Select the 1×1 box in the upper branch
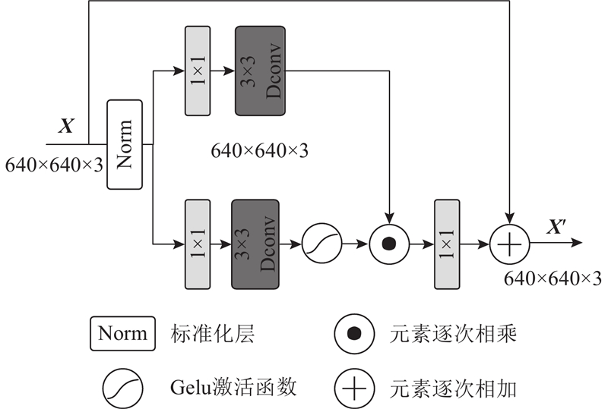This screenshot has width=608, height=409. click(x=197, y=71)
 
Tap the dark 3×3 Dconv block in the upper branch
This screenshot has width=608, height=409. click(x=260, y=71)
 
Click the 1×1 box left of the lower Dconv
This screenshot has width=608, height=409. click(x=197, y=244)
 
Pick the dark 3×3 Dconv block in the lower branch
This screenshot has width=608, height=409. click(x=255, y=244)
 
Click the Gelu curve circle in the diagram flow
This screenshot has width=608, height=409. click(x=321, y=244)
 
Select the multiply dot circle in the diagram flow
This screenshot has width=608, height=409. click(x=388, y=244)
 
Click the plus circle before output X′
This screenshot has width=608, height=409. click(x=510, y=244)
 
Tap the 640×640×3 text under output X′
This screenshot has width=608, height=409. click(x=553, y=278)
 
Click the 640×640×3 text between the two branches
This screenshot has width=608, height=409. click(x=259, y=150)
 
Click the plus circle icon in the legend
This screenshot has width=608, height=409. click(x=353, y=389)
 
